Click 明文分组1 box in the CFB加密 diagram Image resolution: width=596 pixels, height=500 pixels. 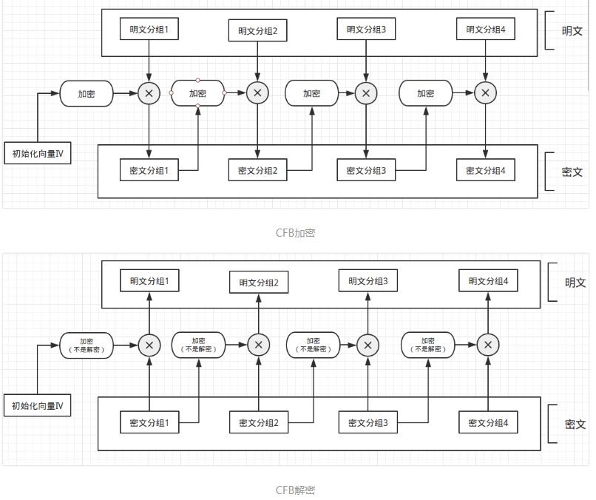149,30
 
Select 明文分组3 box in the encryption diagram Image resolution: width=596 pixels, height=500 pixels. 367,30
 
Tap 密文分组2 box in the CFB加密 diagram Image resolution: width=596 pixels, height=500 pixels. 257,171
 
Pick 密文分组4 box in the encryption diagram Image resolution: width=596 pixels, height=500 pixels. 485,171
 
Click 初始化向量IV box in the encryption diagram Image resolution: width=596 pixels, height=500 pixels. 38,154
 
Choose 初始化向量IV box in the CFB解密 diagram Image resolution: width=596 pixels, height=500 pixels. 38,405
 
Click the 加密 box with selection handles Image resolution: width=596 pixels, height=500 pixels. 197,93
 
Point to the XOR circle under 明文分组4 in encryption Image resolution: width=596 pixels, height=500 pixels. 485,93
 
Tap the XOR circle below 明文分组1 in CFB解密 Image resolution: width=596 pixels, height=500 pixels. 149,345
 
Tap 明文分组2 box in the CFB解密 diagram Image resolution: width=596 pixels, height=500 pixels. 259,283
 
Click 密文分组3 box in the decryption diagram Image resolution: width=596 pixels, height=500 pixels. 368,424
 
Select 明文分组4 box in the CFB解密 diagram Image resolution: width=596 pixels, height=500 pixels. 488,281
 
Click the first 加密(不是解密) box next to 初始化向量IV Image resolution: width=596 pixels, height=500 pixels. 87,345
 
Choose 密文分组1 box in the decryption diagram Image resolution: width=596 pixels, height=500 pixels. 149,424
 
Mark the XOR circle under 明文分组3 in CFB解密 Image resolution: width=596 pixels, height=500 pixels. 368,345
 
